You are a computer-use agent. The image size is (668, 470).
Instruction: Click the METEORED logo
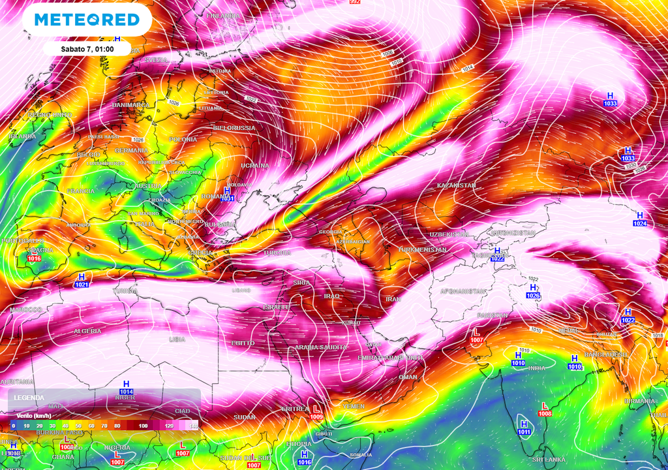[87, 20]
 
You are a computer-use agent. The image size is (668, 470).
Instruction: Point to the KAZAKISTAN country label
[456, 185]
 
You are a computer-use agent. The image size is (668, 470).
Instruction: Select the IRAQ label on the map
[332, 296]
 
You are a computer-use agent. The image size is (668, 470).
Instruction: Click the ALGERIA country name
[87, 332]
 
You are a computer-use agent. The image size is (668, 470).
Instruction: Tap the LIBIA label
[177, 339]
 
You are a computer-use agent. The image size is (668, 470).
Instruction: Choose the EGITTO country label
[243, 343]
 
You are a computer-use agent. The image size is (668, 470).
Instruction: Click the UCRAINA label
[255, 166]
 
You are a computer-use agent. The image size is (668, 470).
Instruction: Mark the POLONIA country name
[183, 140]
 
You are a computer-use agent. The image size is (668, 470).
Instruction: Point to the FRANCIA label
[81, 191]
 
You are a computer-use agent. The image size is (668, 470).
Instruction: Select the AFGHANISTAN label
[463, 291]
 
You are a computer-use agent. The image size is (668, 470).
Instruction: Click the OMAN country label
[408, 377]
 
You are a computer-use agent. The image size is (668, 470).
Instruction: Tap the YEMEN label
[354, 406]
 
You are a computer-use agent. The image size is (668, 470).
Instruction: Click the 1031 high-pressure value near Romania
[227, 198]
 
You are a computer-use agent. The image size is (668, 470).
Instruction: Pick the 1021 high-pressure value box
[82, 285]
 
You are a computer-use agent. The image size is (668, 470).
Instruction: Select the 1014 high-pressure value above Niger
[127, 392]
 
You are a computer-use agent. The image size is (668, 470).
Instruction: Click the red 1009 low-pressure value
[316, 416]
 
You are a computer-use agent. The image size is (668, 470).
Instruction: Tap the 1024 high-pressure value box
[639, 224]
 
